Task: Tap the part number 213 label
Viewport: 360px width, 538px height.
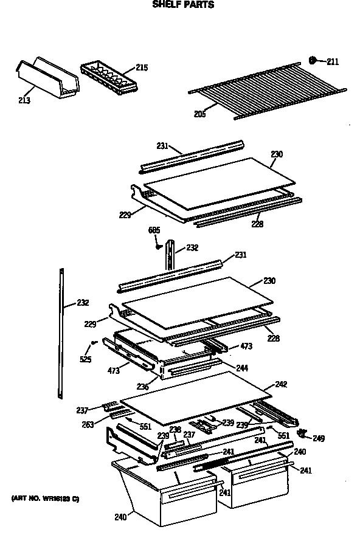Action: coord(25,100)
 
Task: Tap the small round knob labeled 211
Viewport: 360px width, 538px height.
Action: coord(313,60)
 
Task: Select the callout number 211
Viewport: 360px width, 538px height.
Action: coord(333,61)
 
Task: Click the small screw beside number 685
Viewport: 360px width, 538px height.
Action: coord(158,246)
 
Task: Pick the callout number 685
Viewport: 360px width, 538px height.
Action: coord(154,230)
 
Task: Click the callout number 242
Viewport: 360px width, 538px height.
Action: coord(281,384)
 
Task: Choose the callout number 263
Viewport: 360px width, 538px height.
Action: coord(88,425)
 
